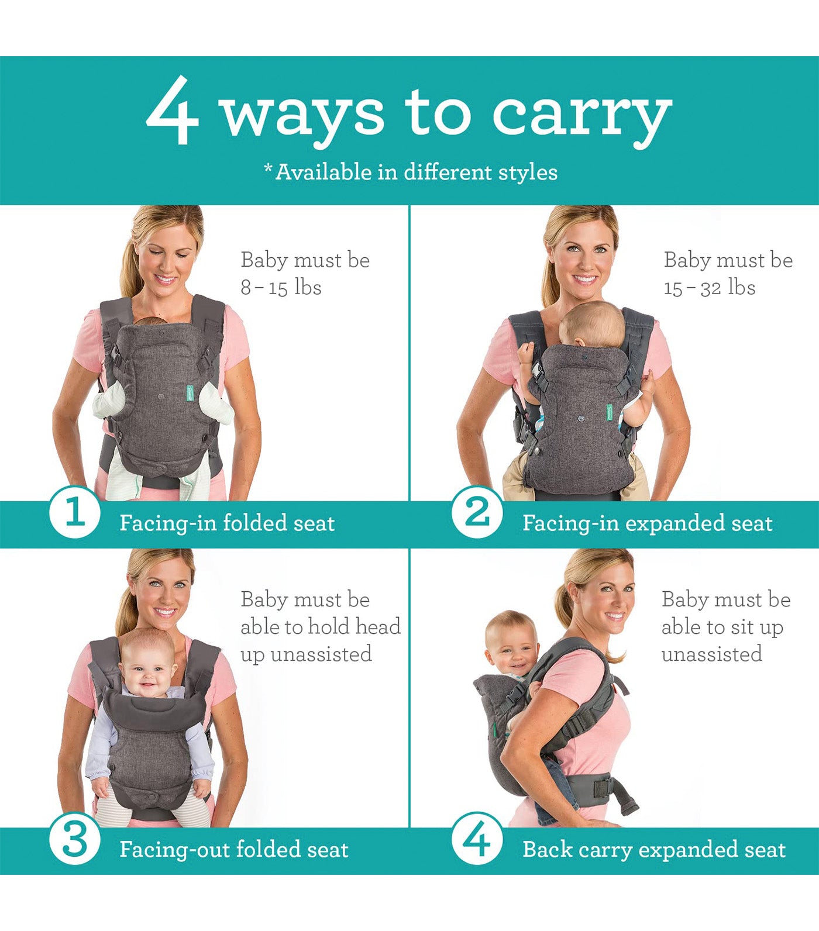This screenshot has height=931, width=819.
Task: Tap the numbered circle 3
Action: point(74,840)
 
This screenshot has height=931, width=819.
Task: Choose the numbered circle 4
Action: point(477,840)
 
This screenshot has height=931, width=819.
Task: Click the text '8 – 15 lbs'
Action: point(281,287)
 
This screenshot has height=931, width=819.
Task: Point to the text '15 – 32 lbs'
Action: point(710,287)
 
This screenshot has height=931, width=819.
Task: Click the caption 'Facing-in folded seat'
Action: point(227,523)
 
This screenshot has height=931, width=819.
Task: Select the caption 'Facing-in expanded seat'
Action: point(648,523)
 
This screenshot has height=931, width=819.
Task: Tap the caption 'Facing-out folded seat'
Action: point(234,849)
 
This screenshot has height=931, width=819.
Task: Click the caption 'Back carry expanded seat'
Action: point(654,849)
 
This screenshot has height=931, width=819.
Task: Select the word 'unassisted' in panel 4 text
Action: point(712,654)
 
